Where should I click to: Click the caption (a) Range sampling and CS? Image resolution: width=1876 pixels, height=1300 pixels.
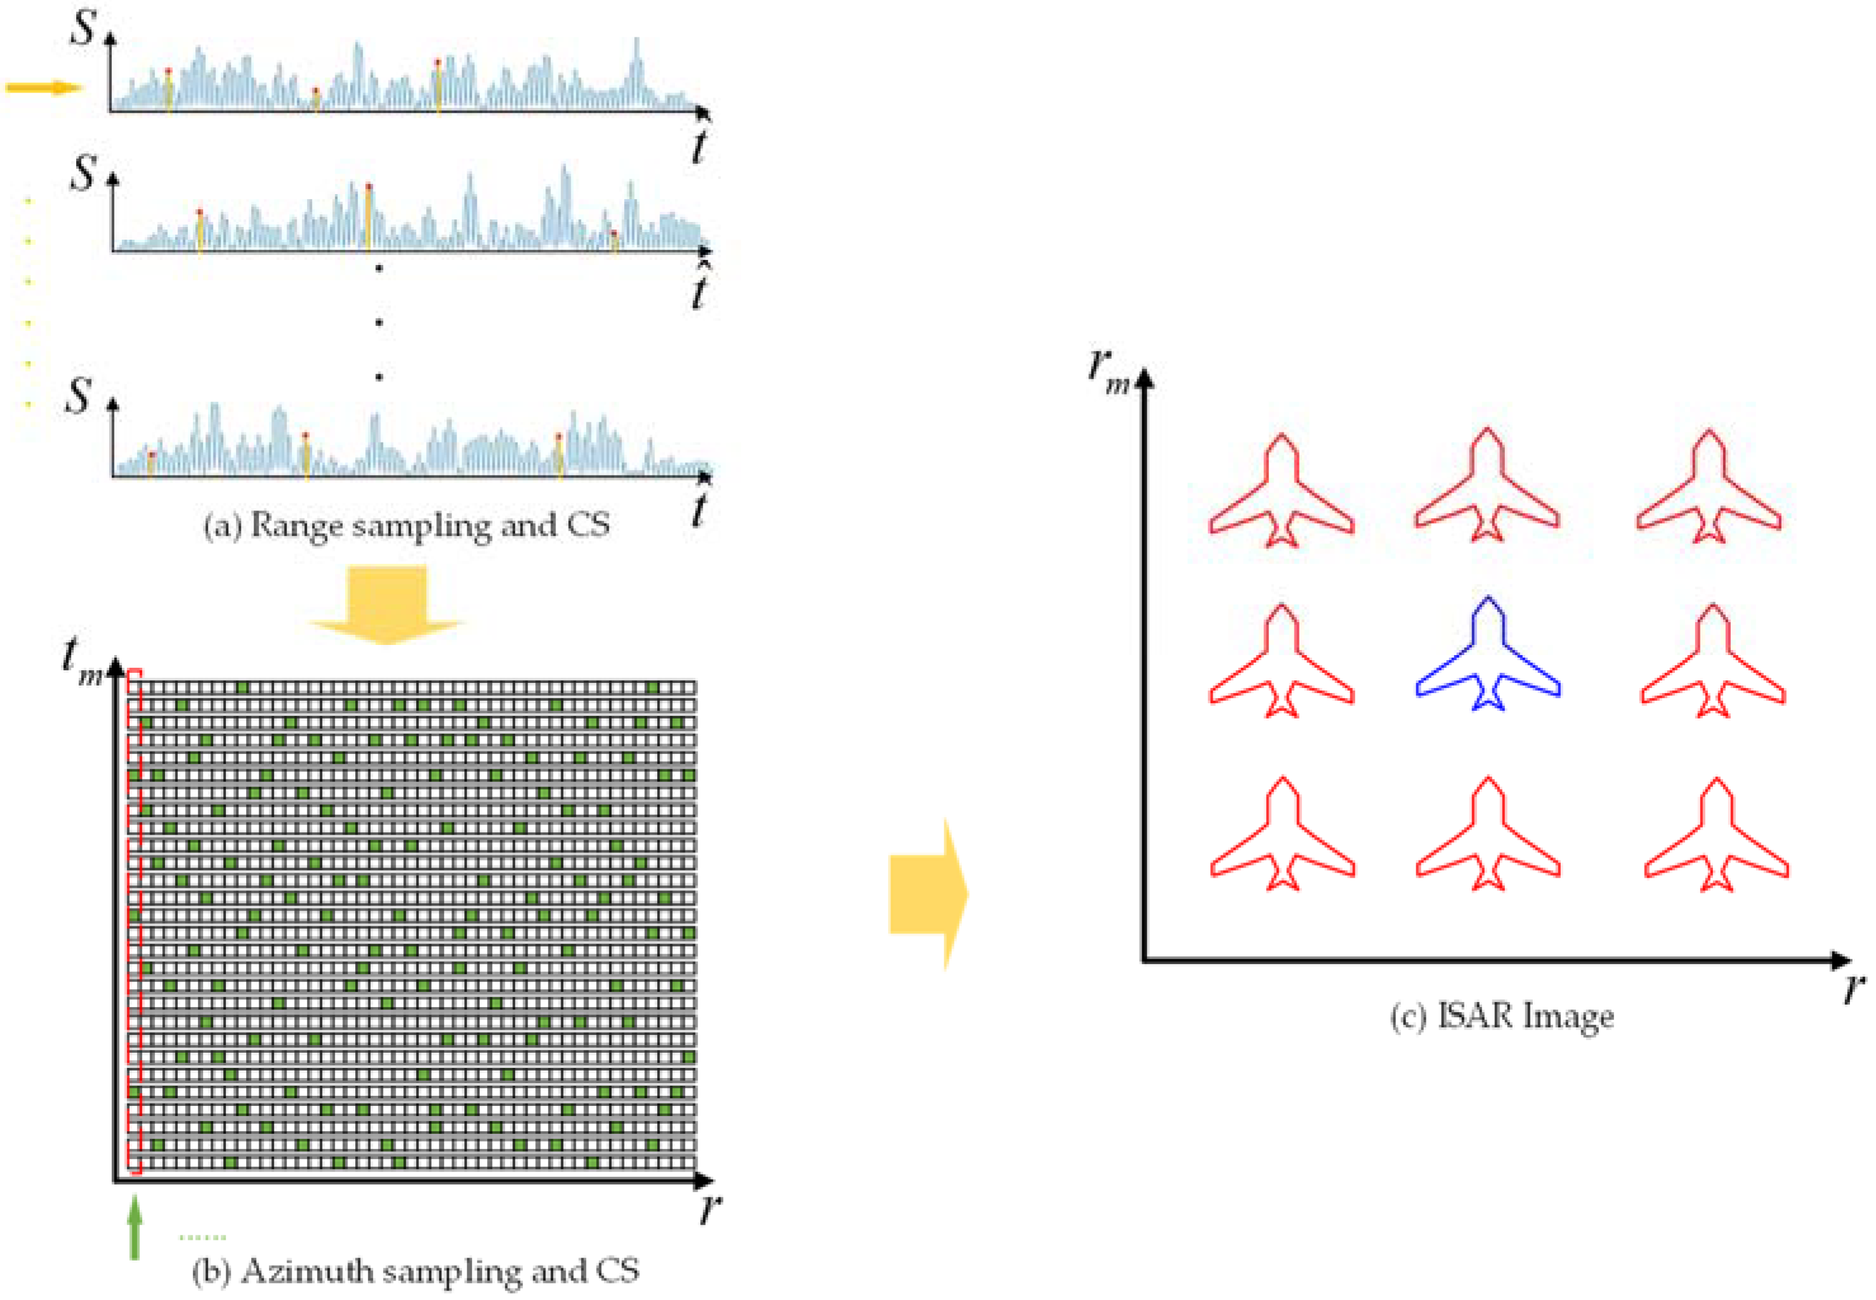point(407,525)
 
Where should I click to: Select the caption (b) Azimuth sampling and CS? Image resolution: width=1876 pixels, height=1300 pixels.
point(415,1271)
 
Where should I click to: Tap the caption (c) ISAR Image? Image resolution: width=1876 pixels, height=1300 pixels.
point(1501,1017)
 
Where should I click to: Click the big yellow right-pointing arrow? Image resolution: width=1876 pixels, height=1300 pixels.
point(928,893)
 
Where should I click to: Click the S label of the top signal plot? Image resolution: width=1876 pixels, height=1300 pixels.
point(83,28)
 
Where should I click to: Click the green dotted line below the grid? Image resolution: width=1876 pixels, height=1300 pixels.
point(202,1237)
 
